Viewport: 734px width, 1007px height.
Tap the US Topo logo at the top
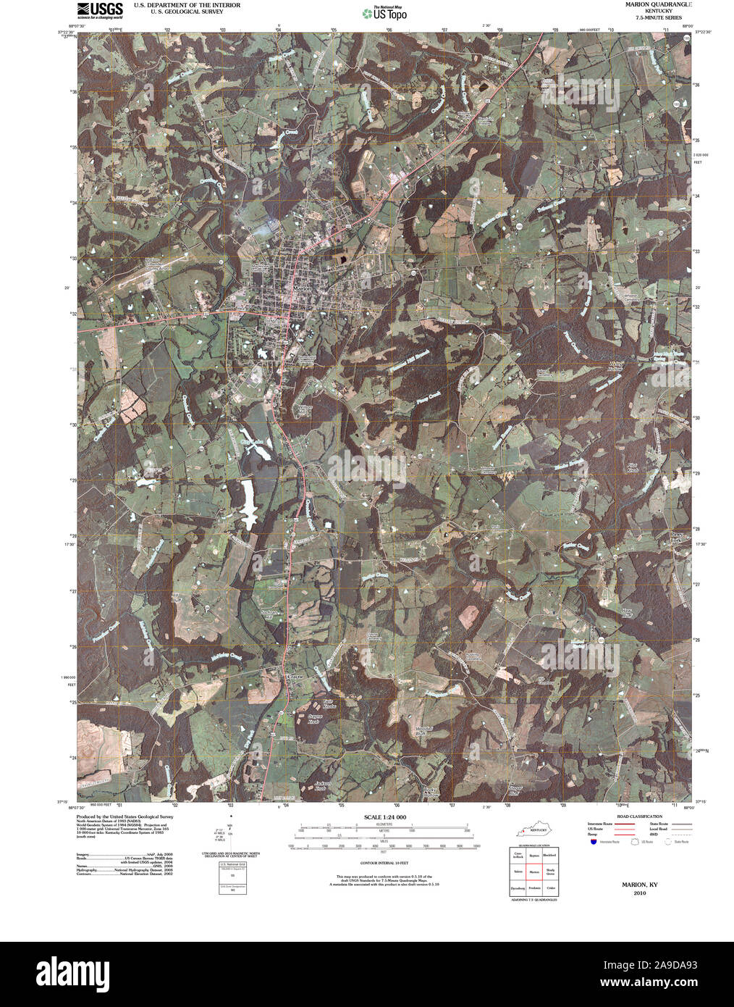pyautogui.click(x=385, y=12)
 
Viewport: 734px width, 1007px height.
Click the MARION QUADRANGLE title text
pyautogui.click(x=653, y=4)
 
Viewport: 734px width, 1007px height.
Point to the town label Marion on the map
pyautogui.click(x=303, y=288)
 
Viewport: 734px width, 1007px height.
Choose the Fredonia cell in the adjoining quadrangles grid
pyautogui.click(x=535, y=887)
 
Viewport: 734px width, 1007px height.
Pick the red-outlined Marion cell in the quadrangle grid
pyautogui.click(x=535, y=872)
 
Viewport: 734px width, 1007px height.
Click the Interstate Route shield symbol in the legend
pyautogui.click(x=594, y=842)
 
